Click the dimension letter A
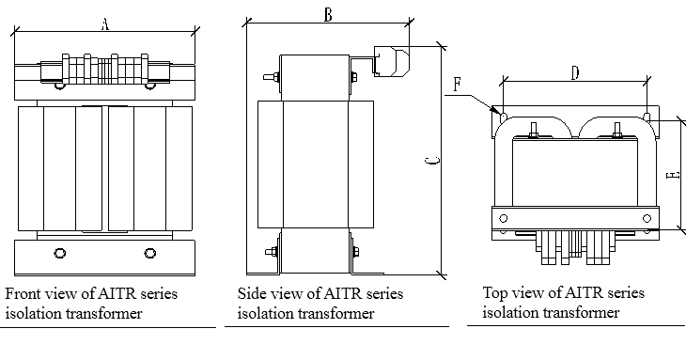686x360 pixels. click(105, 26)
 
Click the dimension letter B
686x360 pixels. click(327, 14)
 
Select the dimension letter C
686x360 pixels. click(430, 162)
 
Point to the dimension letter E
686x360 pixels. click(669, 175)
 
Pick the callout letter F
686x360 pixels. click(457, 86)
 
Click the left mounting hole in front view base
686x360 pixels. click(60, 253)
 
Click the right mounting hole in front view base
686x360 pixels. click(149, 253)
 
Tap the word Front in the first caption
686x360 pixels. click(23, 294)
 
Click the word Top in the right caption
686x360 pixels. click(495, 294)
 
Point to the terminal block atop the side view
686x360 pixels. click(388, 62)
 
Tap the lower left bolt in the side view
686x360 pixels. click(271, 251)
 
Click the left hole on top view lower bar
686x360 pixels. click(503, 218)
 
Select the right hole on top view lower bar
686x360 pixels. click(646, 218)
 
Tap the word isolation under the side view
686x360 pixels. click(267, 313)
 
